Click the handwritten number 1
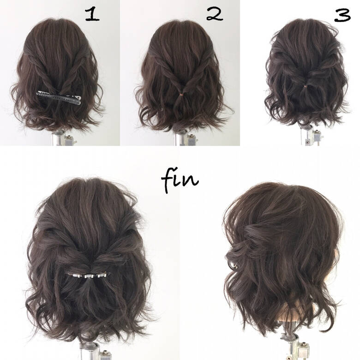coord(92,15)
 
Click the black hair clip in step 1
coord(59,96)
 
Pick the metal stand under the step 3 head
coord(308,135)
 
